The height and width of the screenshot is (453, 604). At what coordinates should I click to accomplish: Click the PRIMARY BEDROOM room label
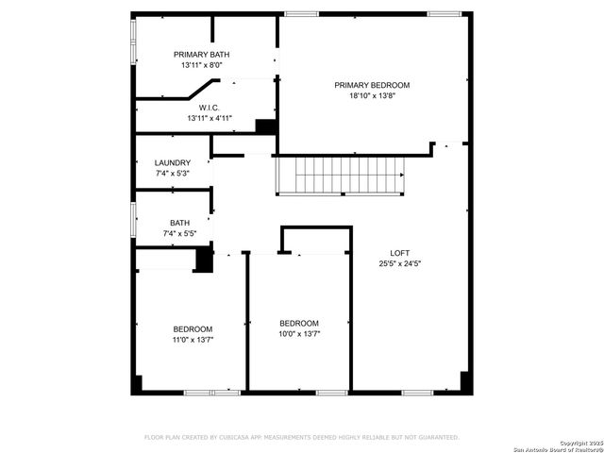coord(372,85)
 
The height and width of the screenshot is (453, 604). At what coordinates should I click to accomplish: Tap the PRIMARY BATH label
coord(200,55)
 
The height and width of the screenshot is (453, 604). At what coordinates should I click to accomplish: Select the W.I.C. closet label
coord(209,108)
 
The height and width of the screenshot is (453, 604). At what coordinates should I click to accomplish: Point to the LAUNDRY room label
coord(173,162)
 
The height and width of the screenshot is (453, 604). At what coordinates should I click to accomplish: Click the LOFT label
coord(400,252)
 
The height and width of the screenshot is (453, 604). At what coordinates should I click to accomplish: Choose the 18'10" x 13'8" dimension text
coord(372,96)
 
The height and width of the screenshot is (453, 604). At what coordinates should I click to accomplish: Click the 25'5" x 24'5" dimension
coord(400,263)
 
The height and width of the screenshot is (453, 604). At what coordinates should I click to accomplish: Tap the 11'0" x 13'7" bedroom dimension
coord(193,340)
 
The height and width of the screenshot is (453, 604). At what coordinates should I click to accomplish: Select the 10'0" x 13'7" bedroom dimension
coord(298,334)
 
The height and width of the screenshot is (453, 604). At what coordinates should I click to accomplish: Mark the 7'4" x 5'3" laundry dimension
coord(173,174)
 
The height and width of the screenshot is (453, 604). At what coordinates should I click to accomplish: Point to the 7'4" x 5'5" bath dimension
coord(178,233)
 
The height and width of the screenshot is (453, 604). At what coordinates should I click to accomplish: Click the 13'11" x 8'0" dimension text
coord(200,66)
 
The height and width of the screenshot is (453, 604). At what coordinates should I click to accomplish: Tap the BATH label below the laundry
coord(179,223)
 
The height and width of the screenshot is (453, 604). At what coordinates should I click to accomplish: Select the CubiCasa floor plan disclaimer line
coord(301,437)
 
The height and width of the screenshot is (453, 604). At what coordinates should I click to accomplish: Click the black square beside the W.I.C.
coord(265,126)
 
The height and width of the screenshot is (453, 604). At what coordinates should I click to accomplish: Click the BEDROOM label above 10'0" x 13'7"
coord(298,323)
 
